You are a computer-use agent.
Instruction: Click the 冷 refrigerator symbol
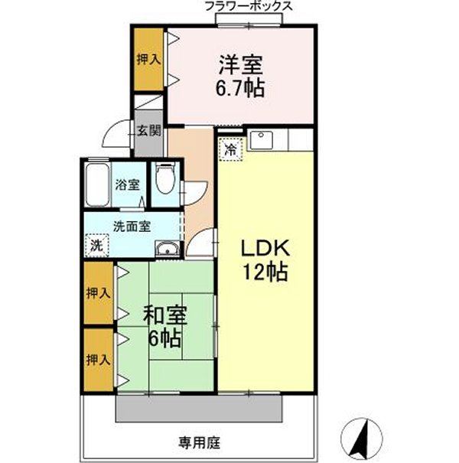click(229, 149)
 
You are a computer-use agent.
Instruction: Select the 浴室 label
click(127, 184)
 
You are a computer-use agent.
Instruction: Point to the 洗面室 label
click(132, 226)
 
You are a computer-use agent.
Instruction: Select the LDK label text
click(265, 249)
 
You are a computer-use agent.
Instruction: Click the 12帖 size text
click(265, 272)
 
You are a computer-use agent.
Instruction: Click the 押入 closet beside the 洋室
click(148, 60)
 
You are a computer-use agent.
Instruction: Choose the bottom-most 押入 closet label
click(97, 359)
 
